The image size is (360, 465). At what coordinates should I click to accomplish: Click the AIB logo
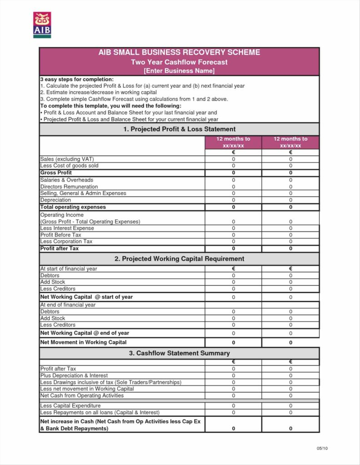(x=42, y=25)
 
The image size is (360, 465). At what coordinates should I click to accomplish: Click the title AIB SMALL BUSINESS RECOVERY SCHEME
(x=179, y=53)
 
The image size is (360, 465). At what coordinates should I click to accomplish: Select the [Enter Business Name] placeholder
(x=179, y=71)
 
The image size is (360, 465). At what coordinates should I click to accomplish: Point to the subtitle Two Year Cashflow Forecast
(x=179, y=62)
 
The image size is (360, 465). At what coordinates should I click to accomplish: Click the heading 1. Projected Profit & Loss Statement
(x=179, y=129)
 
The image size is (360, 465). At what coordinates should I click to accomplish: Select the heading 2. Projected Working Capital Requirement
(x=179, y=259)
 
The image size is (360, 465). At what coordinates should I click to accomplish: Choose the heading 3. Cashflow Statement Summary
(x=179, y=353)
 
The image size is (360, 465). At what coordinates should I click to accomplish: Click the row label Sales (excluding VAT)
(x=67, y=159)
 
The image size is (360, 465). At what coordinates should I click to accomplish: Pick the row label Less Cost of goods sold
(x=69, y=166)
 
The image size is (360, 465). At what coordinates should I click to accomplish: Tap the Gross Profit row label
(x=56, y=173)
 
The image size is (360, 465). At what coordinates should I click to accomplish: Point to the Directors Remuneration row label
(x=69, y=187)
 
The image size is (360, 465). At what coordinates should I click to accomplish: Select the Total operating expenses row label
(x=73, y=207)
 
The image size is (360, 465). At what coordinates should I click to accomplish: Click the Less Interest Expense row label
(x=67, y=228)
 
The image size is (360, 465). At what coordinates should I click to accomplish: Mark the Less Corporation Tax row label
(x=66, y=242)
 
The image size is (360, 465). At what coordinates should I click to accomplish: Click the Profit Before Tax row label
(x=60, y=235)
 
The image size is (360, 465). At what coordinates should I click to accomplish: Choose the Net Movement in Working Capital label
(x=83, y=342)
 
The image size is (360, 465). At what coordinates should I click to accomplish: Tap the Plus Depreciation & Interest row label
(x=74, y=376)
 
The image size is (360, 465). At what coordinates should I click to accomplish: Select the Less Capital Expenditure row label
(x=70, y=406)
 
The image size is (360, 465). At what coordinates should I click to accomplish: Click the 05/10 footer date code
(x=322, y=449)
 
